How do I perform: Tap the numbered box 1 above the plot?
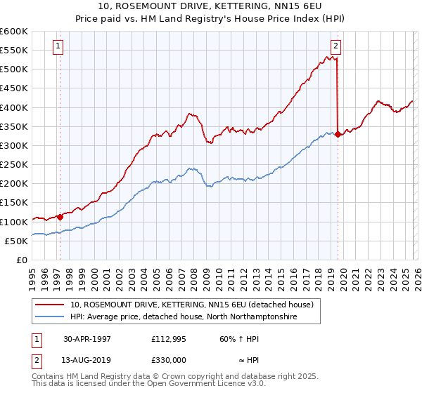point(58,47)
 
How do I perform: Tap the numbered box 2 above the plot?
point(335,47)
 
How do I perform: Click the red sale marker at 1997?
point(60,217)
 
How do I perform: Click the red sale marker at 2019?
point(338,134)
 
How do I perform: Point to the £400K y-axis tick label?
point(14,107)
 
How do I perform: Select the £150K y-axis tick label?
point(14,203)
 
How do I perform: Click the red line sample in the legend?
point(51,304)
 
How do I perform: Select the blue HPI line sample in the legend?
point(51,317)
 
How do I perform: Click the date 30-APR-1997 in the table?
point(87,338)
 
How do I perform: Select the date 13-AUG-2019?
point(87,359)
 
